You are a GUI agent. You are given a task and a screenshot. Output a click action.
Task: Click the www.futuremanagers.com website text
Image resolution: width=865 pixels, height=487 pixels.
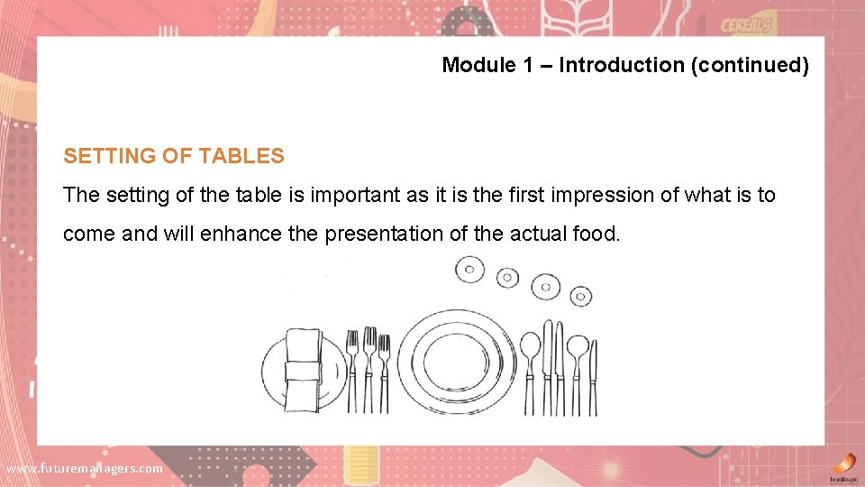[x=85, y=468]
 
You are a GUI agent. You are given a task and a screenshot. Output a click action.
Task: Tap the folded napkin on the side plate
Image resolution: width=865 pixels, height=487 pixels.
[x=304, y=368]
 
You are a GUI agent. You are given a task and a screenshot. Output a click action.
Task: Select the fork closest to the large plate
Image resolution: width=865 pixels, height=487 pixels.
[x=384, y=372]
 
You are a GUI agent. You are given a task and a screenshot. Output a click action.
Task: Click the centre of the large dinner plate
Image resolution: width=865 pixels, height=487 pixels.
[x=457, y=358]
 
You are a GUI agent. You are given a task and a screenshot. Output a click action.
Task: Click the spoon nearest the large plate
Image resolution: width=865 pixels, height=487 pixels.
[x=531, y=370]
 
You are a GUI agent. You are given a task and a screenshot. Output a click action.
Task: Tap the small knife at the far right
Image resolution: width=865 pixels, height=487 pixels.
[x=593, y=377]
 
